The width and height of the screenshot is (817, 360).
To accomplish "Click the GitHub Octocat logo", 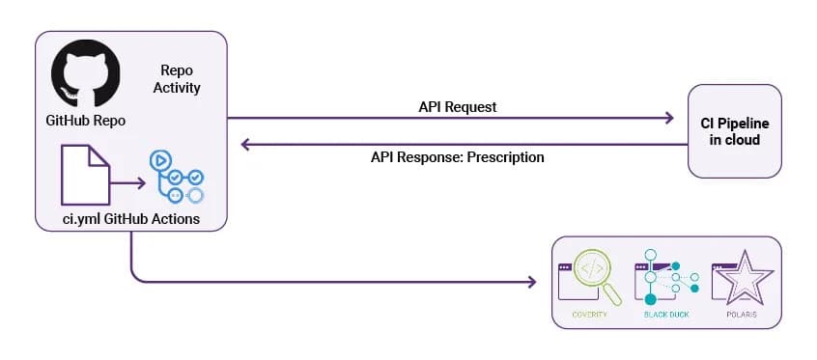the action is pos(85,73).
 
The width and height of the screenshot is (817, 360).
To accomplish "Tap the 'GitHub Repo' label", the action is pos(85,121).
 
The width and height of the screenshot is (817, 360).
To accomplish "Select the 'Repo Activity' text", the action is pos(177,79).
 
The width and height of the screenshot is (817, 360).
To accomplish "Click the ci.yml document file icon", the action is pos(85,175).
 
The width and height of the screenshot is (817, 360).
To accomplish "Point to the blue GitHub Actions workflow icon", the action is pos(176,176).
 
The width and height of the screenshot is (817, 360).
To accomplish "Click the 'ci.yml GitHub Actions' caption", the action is pos(130,219).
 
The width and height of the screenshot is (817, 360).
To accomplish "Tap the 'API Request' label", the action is pos(458,107).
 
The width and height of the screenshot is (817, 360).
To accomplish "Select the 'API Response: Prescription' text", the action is pos(458,156).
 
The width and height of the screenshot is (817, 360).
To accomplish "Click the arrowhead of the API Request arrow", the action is pos(669,118).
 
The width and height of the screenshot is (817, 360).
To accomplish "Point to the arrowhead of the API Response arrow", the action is pos(246,145).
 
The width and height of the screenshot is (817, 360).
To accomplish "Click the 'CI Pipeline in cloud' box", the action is pos(735,131).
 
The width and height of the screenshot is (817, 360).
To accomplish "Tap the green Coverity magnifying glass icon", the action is pos(590,277).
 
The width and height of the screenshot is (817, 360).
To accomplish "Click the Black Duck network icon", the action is pos(666,277).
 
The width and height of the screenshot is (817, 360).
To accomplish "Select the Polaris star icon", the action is pos(742,277).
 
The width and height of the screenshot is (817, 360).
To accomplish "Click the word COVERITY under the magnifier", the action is pos(589,315).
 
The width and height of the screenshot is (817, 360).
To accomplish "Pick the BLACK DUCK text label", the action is pos(666,315).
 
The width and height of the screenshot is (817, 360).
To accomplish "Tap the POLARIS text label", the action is pos(742,315).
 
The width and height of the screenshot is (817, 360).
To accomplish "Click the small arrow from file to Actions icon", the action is pos(127,182).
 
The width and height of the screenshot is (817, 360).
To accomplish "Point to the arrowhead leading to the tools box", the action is pos(531,282).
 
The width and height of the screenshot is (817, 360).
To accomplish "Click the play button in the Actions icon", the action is pos(160,159).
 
